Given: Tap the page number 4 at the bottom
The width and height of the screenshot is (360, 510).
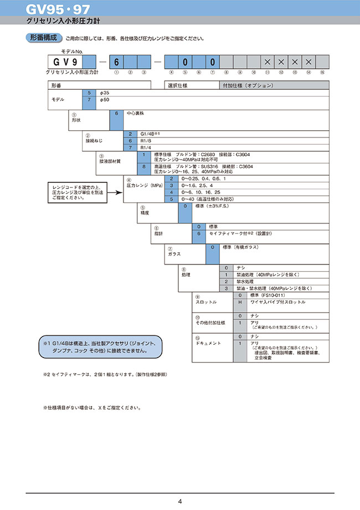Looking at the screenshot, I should (x=180, y=502).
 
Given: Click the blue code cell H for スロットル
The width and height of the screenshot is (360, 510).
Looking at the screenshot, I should (x=240, y=302).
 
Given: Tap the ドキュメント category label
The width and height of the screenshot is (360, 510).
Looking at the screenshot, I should (x=208, y=343).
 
